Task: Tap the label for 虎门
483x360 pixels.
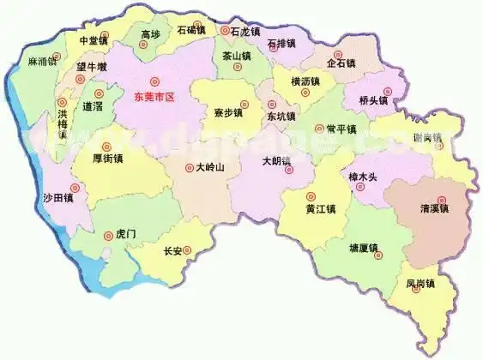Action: (125, 233)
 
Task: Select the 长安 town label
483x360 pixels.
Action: (172, 251)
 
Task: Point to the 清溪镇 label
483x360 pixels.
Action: (434, 208)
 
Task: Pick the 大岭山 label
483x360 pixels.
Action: (210, 168)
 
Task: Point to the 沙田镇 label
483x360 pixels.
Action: (58, 198)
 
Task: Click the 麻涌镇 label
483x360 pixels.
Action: (42, 62)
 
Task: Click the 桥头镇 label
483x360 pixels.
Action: (374, 99)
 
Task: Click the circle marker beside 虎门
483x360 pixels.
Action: (108, 233)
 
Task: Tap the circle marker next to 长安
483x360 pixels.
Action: (188, 251)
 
